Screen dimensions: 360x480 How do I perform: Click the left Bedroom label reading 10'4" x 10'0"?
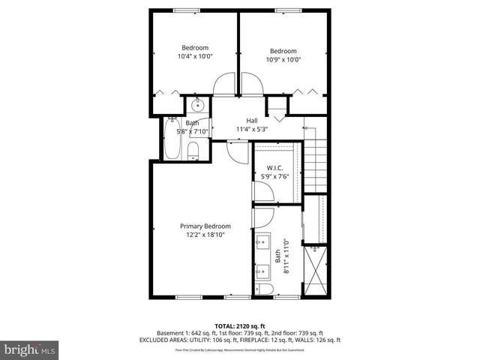click(195, 52)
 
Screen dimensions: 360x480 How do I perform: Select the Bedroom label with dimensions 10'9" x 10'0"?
click(284, 55)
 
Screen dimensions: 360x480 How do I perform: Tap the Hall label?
click(253, 121)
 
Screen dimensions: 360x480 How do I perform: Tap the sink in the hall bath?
click(199, 105)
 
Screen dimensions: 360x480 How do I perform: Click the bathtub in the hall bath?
click(171, 139)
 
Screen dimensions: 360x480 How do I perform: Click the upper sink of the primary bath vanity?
click(262, 242)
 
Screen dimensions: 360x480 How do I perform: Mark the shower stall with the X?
click(316, 270)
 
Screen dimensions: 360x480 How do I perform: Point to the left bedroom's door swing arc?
click(224, 85)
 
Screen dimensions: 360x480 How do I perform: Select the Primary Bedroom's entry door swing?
click(239, 154)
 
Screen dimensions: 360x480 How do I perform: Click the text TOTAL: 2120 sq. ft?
click(239, 325)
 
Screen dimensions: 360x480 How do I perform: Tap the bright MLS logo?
click(30, 349)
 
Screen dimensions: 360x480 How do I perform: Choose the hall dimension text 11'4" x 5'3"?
click(253, 129)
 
